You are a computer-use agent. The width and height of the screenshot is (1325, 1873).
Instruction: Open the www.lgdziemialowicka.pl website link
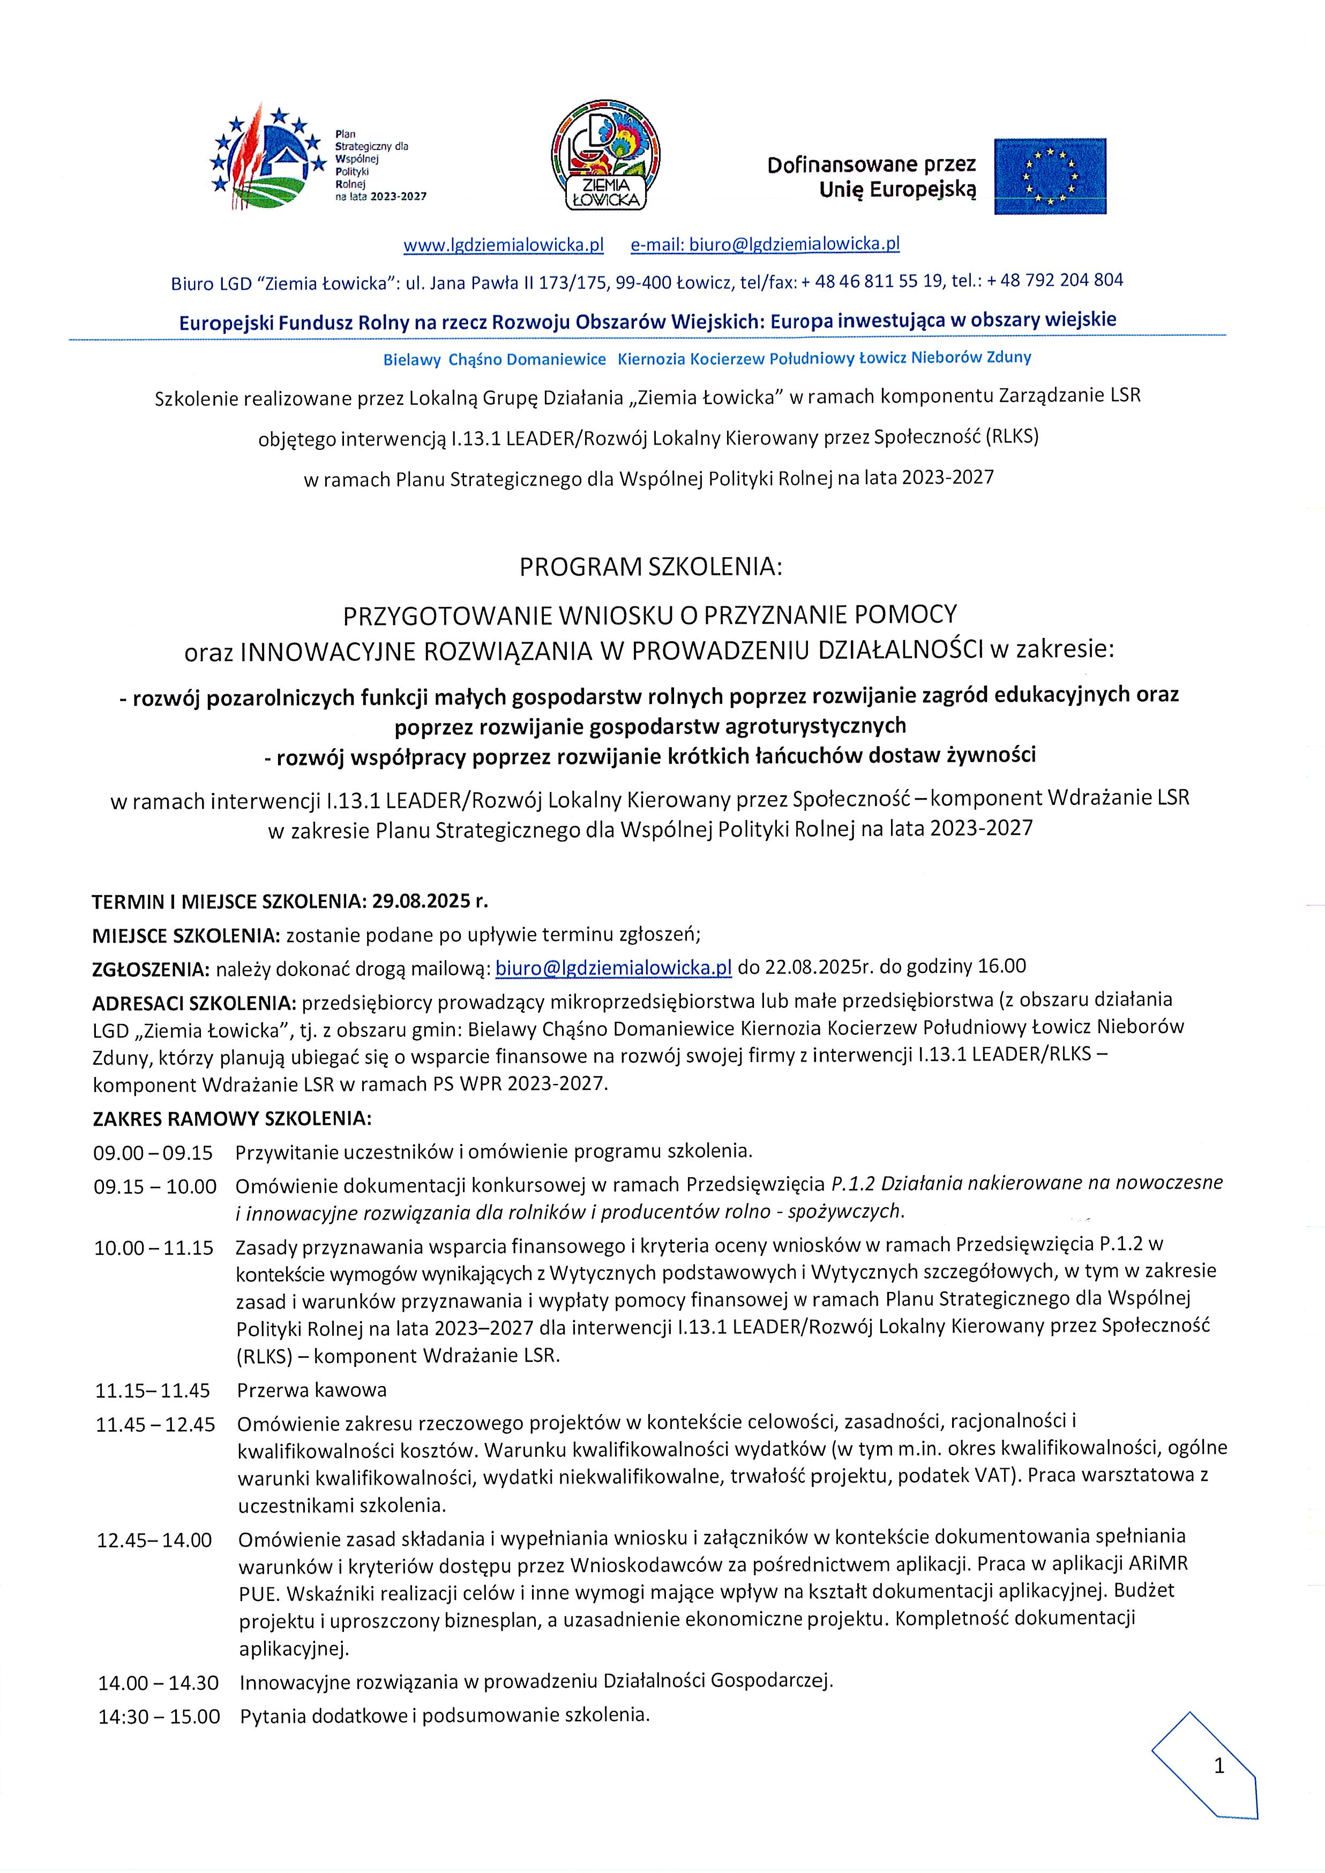[x=504, y=245]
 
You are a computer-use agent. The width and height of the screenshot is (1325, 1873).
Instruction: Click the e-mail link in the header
[x=765, y=244]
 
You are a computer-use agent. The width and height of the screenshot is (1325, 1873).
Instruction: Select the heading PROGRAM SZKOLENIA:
[x=650, y=568]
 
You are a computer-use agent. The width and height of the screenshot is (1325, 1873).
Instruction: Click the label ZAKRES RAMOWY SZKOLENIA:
[x=231, y=1118]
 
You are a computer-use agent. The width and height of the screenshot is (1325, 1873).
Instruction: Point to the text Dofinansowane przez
[x=871, y=166]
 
